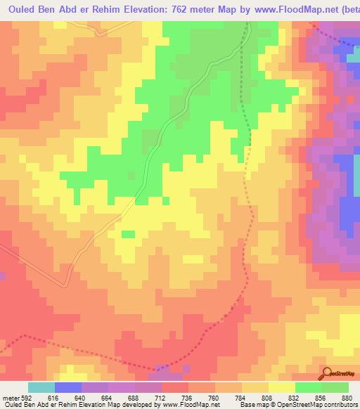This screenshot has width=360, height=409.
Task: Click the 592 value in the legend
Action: click(x=21, y=396)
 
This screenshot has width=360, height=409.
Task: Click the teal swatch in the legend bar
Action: click(x=41, y=387)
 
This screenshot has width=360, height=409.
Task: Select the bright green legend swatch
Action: click(x=309, y=387)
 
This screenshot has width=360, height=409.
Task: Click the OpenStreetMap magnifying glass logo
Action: click(x=328, y=373)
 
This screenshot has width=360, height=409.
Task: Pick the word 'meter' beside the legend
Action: click(x=10, y=396)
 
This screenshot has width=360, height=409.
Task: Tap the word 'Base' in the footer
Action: click(x=245, y=404)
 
